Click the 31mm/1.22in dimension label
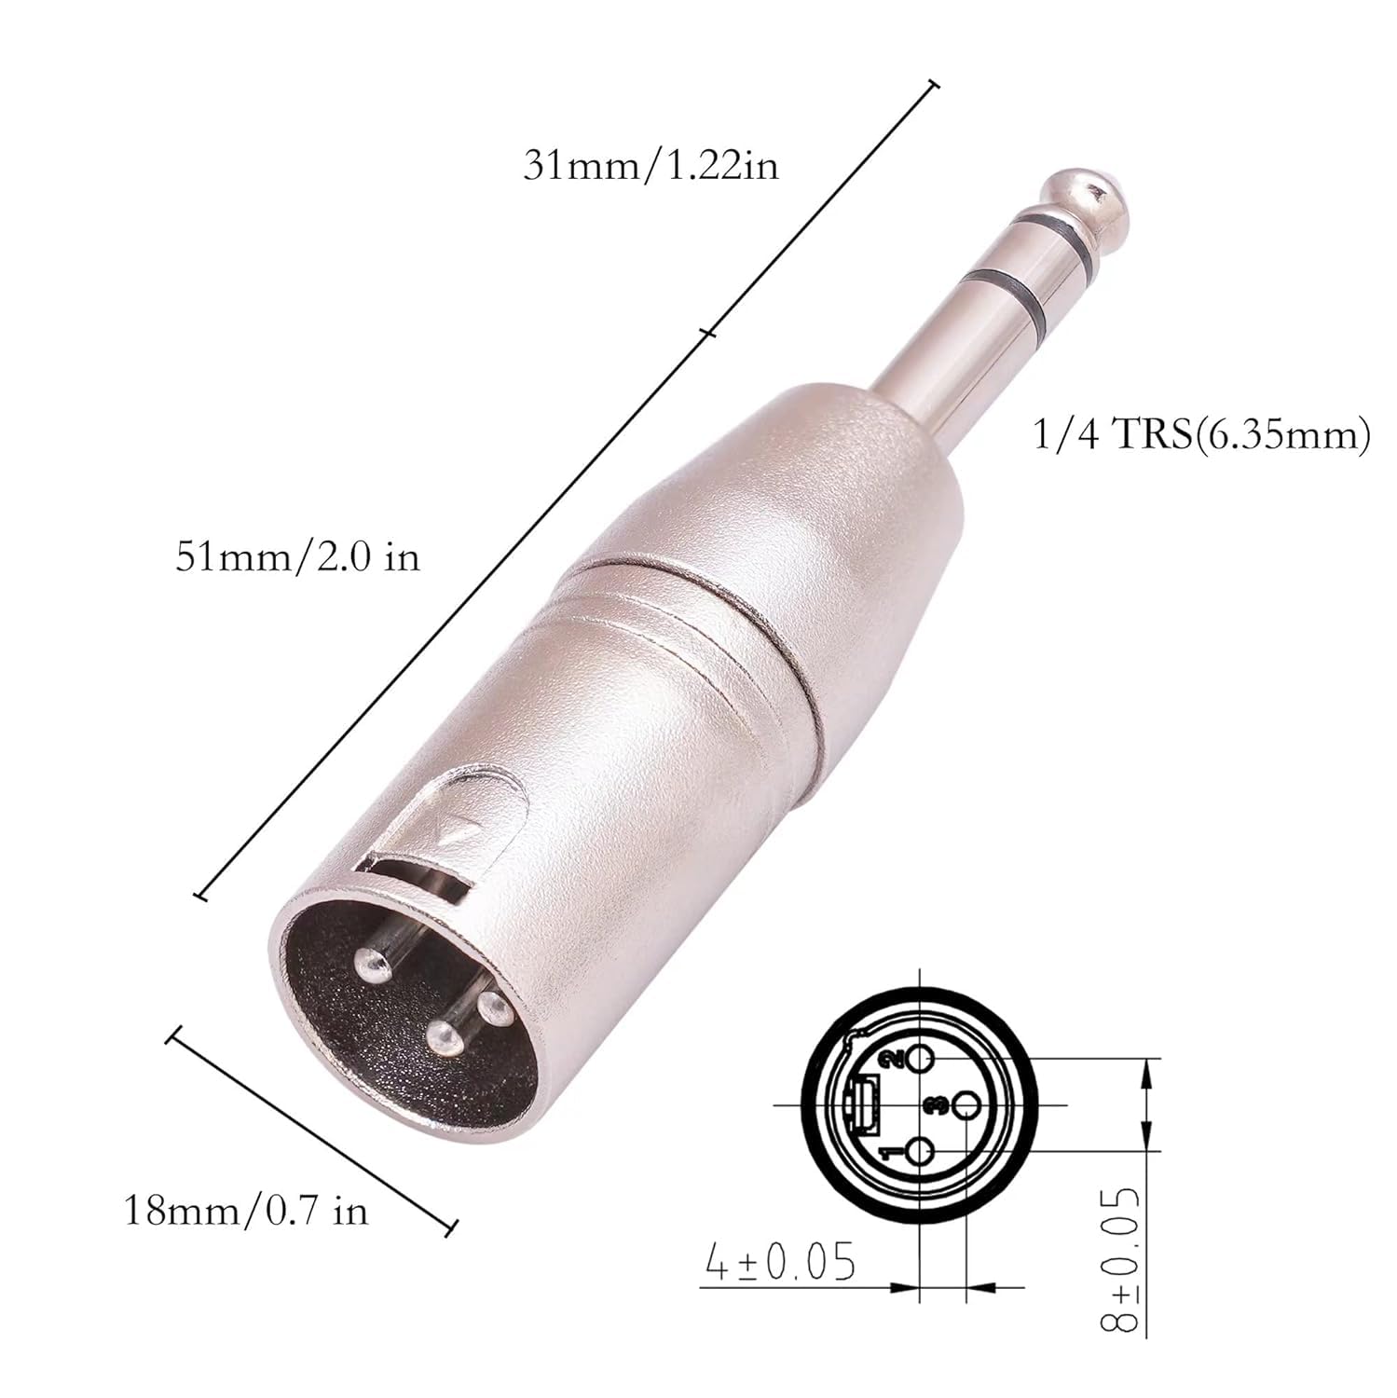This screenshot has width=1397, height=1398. click(x=650, y=167)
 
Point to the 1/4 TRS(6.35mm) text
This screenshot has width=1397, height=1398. click(x=1201, y=436)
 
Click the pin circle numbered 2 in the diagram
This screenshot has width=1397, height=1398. click(x=920, y=1059)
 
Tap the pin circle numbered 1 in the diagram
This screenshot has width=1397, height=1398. click(x=919, y=1154)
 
